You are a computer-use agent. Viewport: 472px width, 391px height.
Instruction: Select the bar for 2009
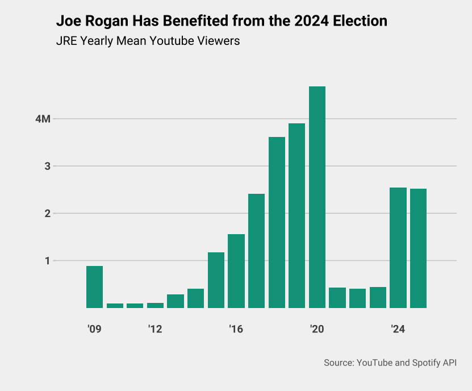pyautogui.click(x=94, y=287)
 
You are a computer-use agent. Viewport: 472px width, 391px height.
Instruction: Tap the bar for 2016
pyautogui.click(x=236, y=271)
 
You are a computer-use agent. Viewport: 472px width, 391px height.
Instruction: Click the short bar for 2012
pyautogui.click(x=155, y=305)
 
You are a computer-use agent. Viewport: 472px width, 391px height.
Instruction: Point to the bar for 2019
pyautogui.click(x=296, y=215)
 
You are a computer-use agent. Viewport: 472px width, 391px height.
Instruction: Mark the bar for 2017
pyautogui.click(x=256, y=251)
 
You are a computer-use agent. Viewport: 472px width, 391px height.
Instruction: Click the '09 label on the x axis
pyautogui.click(x=94, y=329)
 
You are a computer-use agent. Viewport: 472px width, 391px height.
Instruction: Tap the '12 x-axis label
pyautogui.click(x=155, y=329)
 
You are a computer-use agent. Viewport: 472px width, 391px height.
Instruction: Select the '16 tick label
pyautogui.click(x=236, y=329)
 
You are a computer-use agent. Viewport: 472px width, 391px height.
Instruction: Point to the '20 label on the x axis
pyautogui.click(x=317, y=329)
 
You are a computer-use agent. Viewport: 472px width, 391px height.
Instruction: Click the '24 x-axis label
pyautogui.click(x=398, y=329)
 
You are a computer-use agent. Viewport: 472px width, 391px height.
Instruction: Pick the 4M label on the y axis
pyautogui.click(x=43, y=119)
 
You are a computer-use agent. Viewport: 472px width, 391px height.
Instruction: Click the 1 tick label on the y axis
pyautogui.click(x=48, y=261)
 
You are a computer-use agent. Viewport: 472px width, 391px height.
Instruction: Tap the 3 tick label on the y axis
pyautogui.click(x=48, y=167)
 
